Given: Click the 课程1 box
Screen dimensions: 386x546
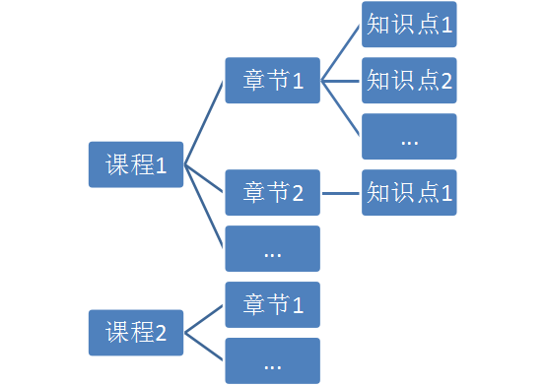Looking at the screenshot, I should click(x=136, y=164).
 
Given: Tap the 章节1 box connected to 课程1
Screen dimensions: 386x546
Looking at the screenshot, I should click(x=272, y=80).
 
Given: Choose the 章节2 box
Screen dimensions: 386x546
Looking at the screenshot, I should click(x=272, y=192).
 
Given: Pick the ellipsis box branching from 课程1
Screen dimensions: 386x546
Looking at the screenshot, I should click(x=272, y=248).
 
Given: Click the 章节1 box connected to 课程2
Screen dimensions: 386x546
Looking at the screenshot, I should click(x=272, y=304).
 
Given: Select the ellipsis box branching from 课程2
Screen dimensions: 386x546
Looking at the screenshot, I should click(x=272, y=360).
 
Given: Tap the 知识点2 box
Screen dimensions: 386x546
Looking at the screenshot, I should click(x=409, y=80).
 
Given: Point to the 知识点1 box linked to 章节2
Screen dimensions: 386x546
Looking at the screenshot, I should click(x=409, y=192).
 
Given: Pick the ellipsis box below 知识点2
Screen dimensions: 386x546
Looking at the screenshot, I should click(x=409, y=136).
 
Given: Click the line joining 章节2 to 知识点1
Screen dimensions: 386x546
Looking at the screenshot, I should click(x=341, y=192).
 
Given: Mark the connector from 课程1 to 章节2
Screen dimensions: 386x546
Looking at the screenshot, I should click(x=204, y=178).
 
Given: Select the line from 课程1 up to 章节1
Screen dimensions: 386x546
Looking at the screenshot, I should click(x=204, y=122).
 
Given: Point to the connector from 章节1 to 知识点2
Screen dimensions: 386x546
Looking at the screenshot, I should click(x=341, y=80).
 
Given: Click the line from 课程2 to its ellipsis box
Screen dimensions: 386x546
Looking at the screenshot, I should click(x=204, y=347).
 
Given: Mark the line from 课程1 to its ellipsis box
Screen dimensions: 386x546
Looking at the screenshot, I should click(x=204, y=206).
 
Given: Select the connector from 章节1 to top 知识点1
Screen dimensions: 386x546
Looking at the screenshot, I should click(x=341, y=52).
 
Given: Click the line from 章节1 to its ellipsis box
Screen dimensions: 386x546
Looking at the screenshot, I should click(x=341, y=107).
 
